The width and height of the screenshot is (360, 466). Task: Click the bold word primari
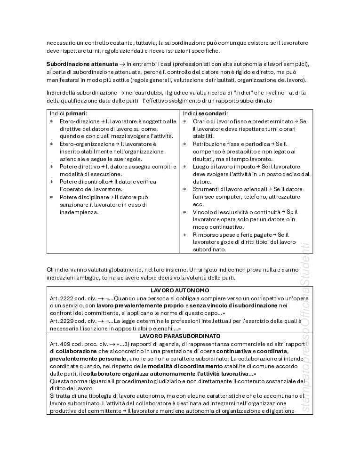(76, 113)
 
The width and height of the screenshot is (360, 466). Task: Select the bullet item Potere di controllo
(84, 181)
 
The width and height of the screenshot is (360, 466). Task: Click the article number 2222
(65, 298)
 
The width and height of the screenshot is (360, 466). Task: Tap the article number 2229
(65, 321)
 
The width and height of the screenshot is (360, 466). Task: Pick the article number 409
(64, 344)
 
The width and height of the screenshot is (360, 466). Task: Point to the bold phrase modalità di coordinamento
(185, 366)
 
